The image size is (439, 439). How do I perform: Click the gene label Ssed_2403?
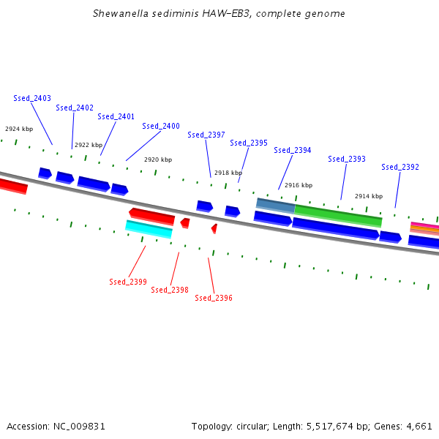[32, 98]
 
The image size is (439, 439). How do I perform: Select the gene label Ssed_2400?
[161, 126]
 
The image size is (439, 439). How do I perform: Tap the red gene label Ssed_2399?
[128, 282]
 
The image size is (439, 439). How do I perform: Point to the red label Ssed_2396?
[214, 298]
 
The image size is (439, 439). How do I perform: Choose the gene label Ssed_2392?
[400, 167]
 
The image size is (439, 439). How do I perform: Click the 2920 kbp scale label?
[158, 160]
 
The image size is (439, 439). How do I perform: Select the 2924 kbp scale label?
[19, 129]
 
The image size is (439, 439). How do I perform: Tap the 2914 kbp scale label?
[369, 196]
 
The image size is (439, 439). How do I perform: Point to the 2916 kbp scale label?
[299, 185]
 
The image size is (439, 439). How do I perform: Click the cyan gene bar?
[149, 229]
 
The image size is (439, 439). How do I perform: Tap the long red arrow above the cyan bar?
[152, 216]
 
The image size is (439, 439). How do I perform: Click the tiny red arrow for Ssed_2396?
[214, 229]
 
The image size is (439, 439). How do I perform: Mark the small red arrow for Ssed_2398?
[185, 222]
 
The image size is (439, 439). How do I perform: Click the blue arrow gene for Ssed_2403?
[45, 173]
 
